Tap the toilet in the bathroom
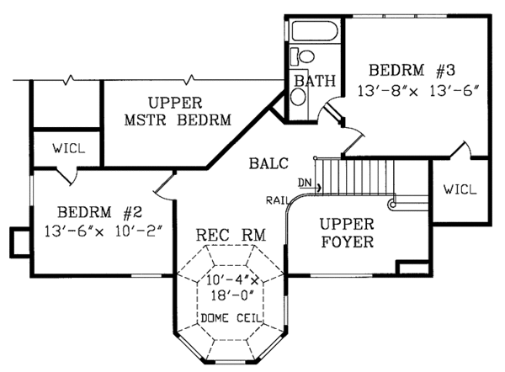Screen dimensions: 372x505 (304, 57)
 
